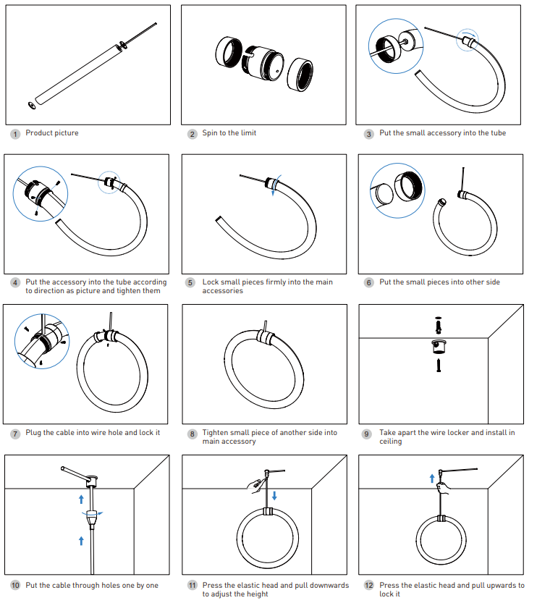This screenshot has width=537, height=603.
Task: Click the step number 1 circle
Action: pos(15,134)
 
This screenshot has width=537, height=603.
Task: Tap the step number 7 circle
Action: pos(15,434)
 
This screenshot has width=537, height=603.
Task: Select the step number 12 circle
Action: pos(369,586)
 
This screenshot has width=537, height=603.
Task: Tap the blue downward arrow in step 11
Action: pos(276,495)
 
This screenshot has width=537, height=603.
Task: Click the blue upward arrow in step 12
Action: pos(432,478)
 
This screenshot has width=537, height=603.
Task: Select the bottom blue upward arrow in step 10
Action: pos(81,540)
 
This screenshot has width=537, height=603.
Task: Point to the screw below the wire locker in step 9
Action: pos(438,366)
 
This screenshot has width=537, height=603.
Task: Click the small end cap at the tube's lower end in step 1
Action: pos(32,106)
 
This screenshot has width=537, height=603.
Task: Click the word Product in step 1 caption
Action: pos(38,133)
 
